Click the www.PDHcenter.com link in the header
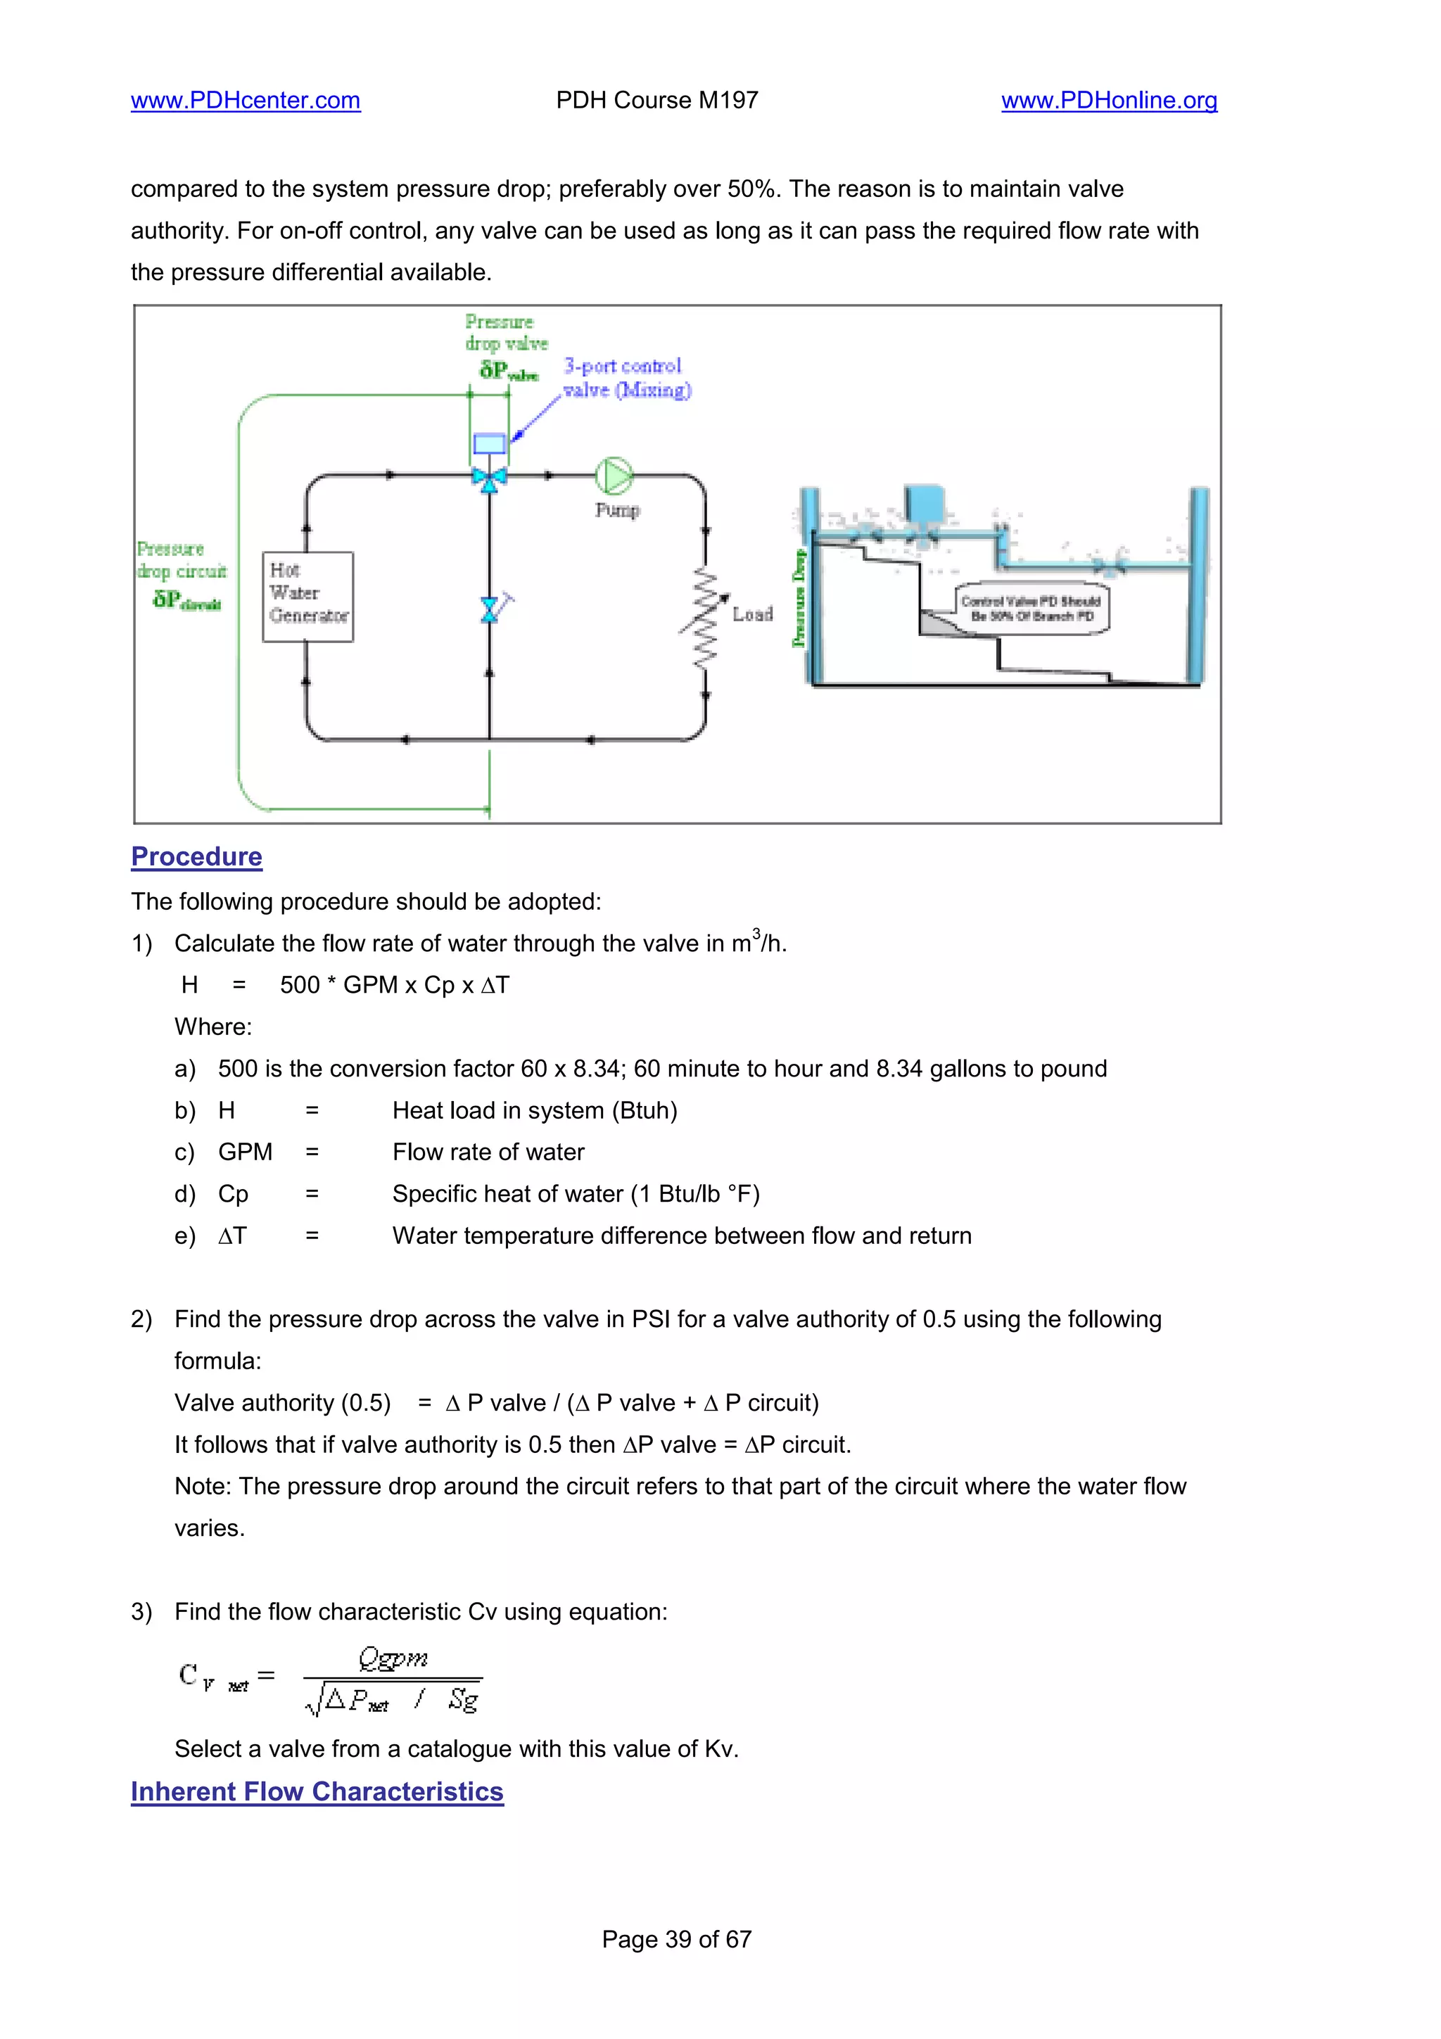click(245, 101)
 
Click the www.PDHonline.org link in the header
click(1108, 101)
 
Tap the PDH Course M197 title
click(656, 101)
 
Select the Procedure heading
click(196, 856)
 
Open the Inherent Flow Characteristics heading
click(317, 1791)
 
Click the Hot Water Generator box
click(308, 596)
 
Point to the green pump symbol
click(613, 476)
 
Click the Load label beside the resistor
click(752, 614)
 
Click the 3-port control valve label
click(626, 377)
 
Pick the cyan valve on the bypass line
click(489, 610)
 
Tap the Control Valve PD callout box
click(1031, 609)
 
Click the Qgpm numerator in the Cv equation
click(393, 1657)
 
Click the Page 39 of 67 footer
click(677, 1940)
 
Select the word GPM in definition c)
click(245, 1152)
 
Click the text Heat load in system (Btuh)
click(535, 1110)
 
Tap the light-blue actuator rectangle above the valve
click(488, 443)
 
